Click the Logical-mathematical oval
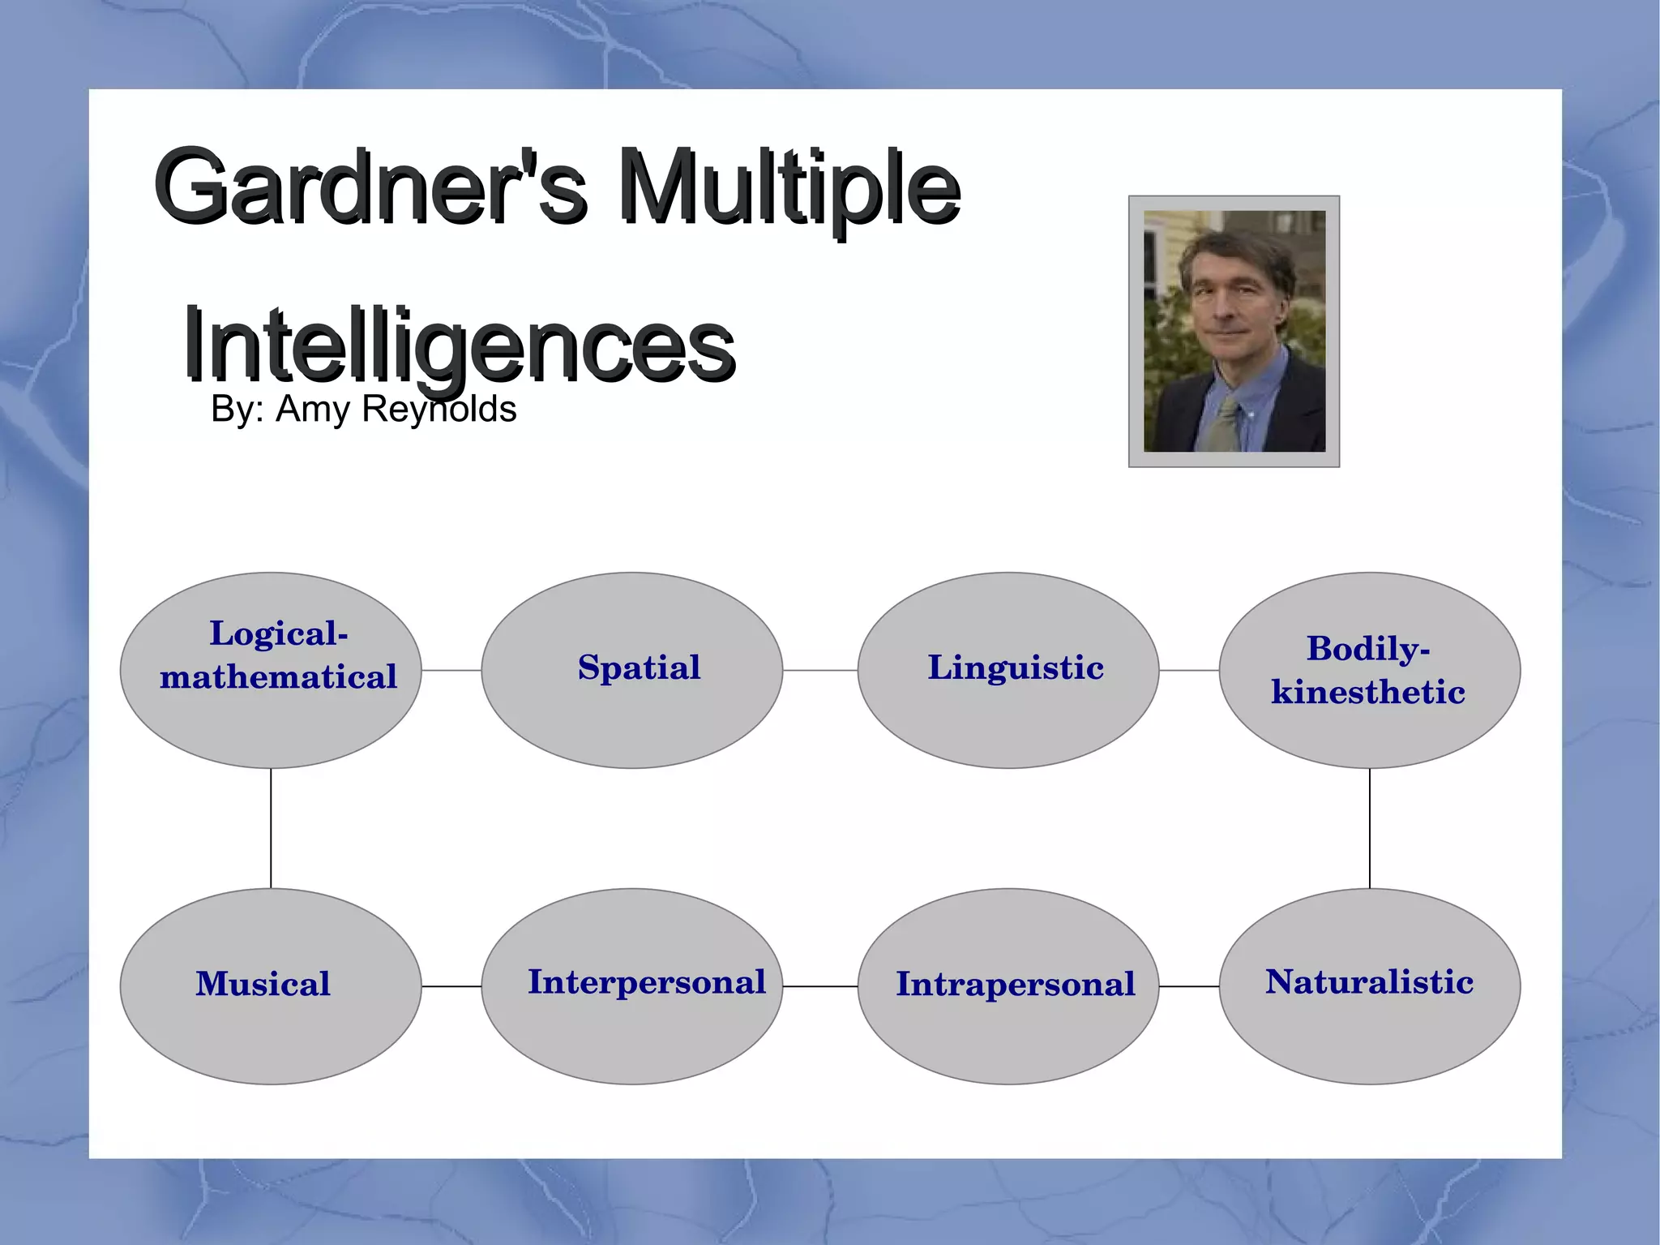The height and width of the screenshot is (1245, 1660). coord(271,670)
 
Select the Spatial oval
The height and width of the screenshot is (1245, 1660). coord(632,670)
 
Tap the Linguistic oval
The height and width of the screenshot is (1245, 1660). coord(1008,670)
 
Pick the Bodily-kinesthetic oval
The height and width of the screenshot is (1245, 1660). coord(1370,670)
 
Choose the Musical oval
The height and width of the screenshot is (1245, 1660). coord(271,986)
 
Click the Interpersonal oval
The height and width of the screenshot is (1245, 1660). coord(632,986)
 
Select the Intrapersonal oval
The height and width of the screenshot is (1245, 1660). coord(1008,986)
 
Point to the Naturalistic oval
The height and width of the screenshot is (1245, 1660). coord(1370,986)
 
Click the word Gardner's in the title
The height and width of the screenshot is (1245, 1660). coord(369,187)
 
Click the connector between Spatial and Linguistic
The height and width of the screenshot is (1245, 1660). coord(820,671)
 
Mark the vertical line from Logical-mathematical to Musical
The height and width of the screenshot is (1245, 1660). coord(271,827)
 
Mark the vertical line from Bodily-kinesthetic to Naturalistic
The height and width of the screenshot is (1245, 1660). coord(1370,827)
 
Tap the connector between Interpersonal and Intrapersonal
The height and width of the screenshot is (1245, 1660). coord(820,986)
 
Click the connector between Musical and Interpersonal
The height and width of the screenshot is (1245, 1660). coord(451,986)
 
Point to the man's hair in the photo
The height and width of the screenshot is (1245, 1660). coord(1236,247)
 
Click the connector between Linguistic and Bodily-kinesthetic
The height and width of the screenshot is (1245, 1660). coord(1189,671)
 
